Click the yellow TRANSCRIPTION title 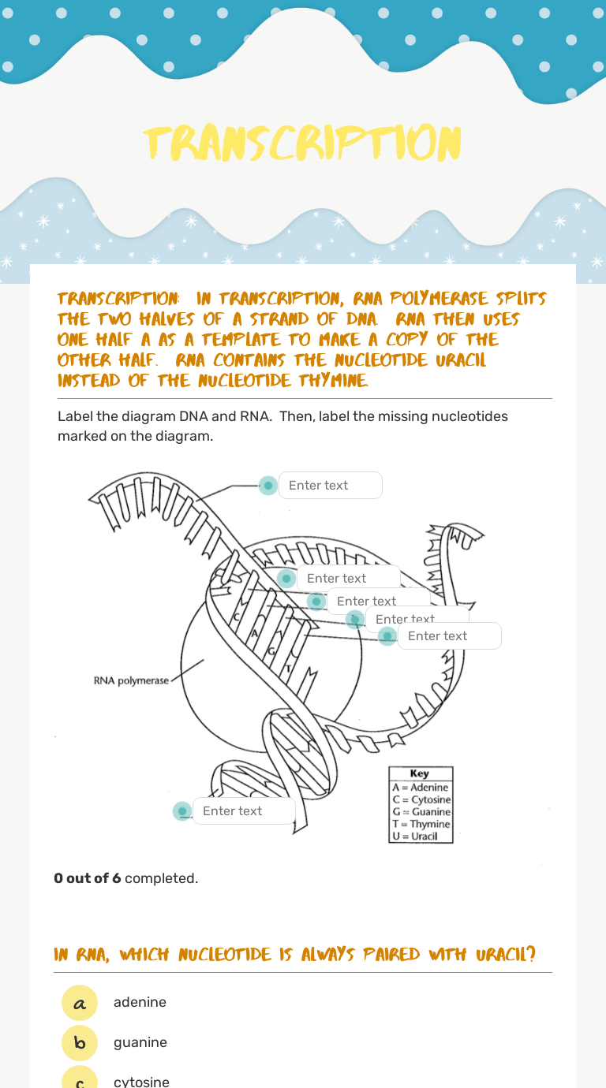click(x=302, y=143)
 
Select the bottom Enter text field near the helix click(x=244, y=810)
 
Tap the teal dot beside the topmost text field click(x=268, y=485)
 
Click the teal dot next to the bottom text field click(x=182, y=810)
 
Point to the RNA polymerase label click(x=131, y=680)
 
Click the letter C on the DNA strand click(x=236, y=616)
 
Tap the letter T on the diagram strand click(x=288, y=669)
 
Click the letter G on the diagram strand click(x=271, y=651)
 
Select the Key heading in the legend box click(x=420, y=773)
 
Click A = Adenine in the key click(x=421, y=787)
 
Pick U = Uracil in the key click(x=415, y=836)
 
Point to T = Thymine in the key click(x=421, y=824)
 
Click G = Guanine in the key click(x=421, y=811)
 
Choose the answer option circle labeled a click(x=80, y=1003)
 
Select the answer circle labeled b click(x=80, y=1043)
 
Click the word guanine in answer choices click(x=140, y=1042)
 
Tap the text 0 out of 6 click(x=87, y=878)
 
